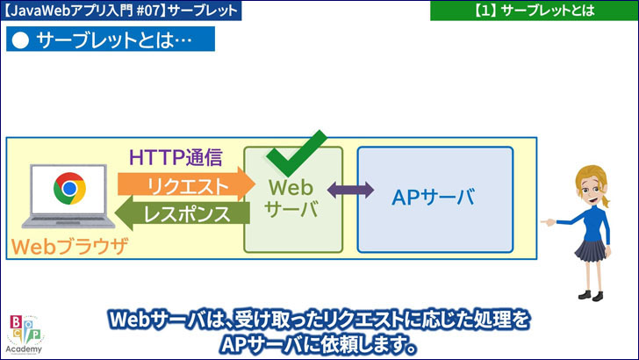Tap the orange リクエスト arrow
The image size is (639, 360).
181,185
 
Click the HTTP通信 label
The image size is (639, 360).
176,158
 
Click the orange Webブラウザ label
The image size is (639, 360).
70,246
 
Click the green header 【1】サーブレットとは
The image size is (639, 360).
533,11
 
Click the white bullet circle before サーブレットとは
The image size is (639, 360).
22,40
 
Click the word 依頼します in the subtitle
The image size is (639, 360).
361,343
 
